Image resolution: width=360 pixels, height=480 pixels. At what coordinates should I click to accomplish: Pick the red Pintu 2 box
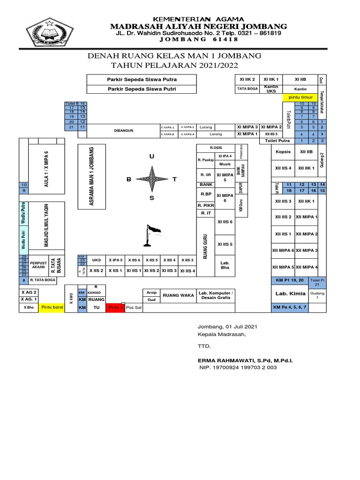coord(116,308)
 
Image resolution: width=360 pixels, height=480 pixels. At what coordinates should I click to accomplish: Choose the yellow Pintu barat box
coord(52,308)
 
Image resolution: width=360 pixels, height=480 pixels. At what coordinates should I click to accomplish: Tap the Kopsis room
coord(283,152)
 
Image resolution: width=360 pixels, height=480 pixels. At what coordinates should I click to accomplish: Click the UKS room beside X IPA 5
coord(97,260)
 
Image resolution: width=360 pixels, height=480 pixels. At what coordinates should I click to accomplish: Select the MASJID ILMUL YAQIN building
coord(46,225)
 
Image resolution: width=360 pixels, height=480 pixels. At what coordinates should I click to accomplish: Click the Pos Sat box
coord(134,308)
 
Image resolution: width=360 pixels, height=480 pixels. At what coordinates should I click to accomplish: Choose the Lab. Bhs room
coord(225,265)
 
